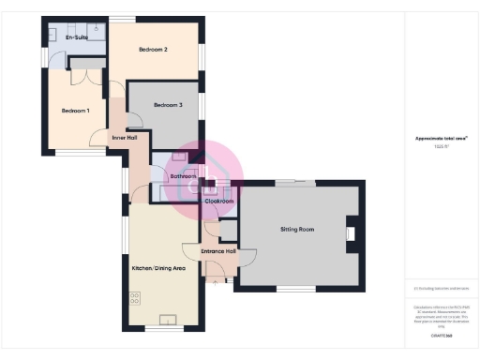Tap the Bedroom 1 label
pos(76,111)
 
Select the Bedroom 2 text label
pos(153,49)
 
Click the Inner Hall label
pos(125,138)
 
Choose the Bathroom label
pos(182,176)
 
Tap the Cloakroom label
pos(219,201)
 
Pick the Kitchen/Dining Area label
pos(161,268)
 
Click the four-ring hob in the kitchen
pos(135,298)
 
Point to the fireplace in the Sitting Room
pos(351,232)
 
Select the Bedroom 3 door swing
pos(135,120)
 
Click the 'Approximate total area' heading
pos(441,139)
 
